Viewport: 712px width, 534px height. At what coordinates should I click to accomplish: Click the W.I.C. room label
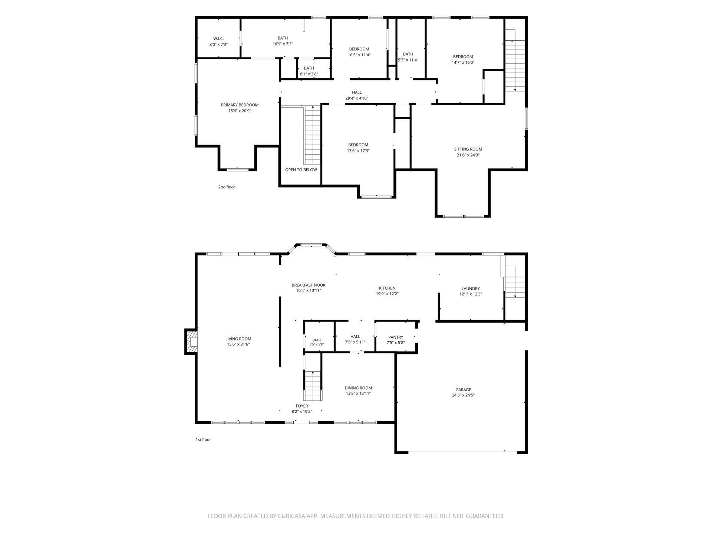218,39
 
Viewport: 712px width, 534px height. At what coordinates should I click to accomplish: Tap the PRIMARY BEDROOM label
240,105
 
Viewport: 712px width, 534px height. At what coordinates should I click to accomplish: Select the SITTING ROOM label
468,149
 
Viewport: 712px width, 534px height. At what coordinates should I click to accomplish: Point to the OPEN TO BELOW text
301,170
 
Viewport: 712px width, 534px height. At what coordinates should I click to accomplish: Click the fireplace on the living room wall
191,342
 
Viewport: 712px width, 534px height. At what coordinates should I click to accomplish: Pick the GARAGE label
463,390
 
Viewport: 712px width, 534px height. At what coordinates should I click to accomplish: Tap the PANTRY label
396,337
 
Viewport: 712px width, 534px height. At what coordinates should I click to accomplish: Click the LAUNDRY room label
471,289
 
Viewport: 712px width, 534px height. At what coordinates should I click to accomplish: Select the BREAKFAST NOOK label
309,285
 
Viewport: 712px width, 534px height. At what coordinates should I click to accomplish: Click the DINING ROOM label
358,388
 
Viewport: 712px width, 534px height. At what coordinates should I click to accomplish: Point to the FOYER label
302,406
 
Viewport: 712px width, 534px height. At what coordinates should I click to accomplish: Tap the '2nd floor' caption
227,187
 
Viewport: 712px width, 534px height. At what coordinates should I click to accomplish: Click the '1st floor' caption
203,439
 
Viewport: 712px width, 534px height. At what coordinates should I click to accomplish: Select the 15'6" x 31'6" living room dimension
238,344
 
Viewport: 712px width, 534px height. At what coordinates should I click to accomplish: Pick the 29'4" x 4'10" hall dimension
357,98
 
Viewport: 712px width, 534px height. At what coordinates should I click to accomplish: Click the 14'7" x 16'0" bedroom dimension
463,63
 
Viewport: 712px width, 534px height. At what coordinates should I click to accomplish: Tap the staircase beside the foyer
313,386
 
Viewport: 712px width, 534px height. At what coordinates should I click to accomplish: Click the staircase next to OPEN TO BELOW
313,135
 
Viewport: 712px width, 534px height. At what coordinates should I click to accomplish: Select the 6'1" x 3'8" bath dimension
309,74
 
